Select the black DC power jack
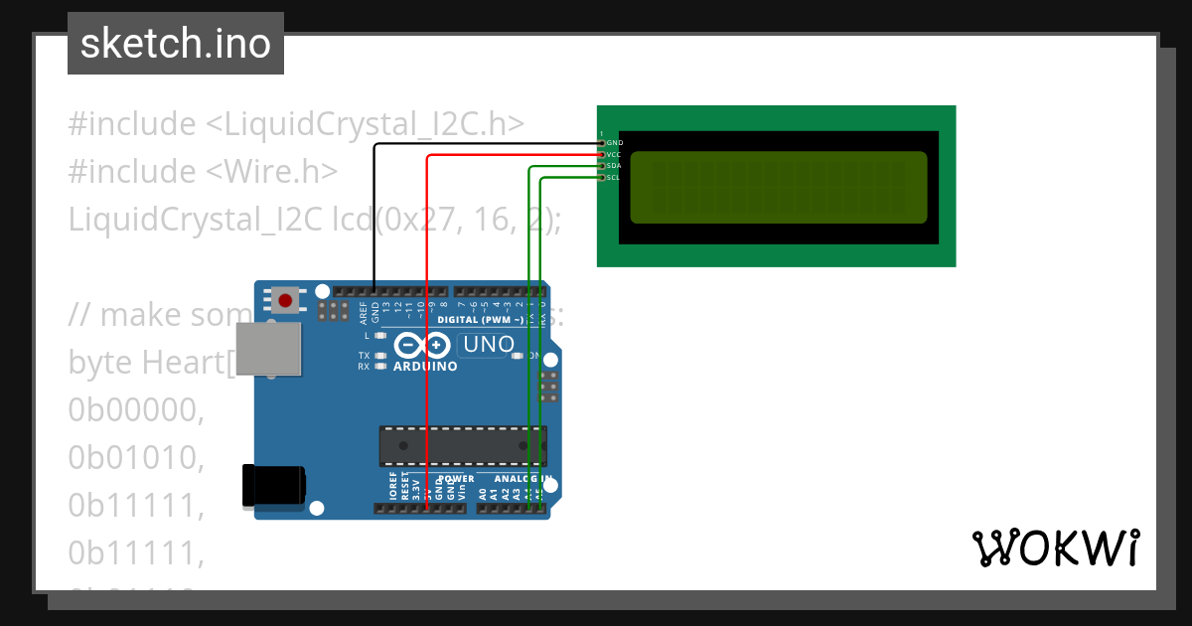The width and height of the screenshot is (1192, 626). point(274,486)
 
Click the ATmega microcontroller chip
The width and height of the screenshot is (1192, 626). point(462,445)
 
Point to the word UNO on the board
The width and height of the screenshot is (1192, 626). point(489,345)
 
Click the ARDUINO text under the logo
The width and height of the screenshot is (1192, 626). point(425,367)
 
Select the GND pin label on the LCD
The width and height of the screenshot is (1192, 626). point(614,143)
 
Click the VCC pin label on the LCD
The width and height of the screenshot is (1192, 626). point(614,155)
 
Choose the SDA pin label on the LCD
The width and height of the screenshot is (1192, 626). point(614,166)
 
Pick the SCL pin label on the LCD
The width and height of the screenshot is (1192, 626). point(614,178)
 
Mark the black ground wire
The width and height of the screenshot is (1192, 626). point(374,219)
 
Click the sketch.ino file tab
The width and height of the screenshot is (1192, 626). point(176,44)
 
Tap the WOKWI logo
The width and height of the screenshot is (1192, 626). point(1055,548)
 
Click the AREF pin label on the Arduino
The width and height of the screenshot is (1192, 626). point(364,314)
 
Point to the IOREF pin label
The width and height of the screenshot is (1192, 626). point(393,487)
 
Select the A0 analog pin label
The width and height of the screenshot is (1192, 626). point(483,493)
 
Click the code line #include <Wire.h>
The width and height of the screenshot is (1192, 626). point(203,172)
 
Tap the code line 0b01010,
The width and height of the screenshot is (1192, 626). point(136,457)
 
